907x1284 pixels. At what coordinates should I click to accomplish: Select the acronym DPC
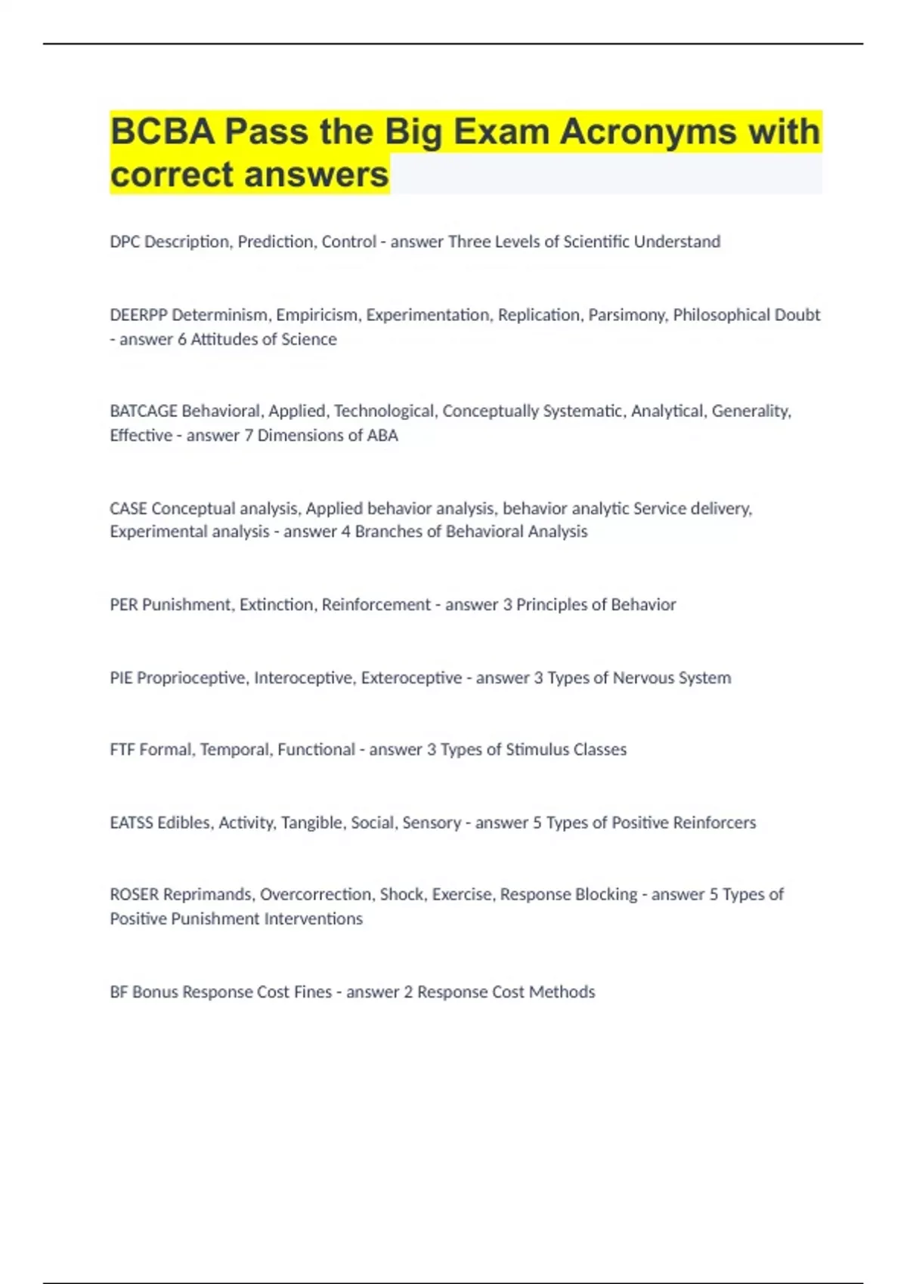click(x=125, y=242)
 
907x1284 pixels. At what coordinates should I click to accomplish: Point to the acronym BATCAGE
click(x=144, y=411)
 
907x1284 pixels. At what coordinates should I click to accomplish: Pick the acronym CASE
click(x=128, y=508)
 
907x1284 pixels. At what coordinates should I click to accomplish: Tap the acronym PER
click(x=124, y=605)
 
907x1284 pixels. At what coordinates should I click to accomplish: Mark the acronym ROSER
click(x=135, y=895)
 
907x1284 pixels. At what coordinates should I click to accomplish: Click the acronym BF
click(x=119, y=992)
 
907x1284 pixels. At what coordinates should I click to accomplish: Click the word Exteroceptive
click(x=411, y=678)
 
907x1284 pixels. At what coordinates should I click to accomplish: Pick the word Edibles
click(x=184, y=823)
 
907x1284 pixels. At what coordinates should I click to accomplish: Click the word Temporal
click(x=234, y=750)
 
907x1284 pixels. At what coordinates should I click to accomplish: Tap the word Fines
click(x=313, y=992)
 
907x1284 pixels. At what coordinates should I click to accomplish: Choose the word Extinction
click(x=277, y=605)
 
